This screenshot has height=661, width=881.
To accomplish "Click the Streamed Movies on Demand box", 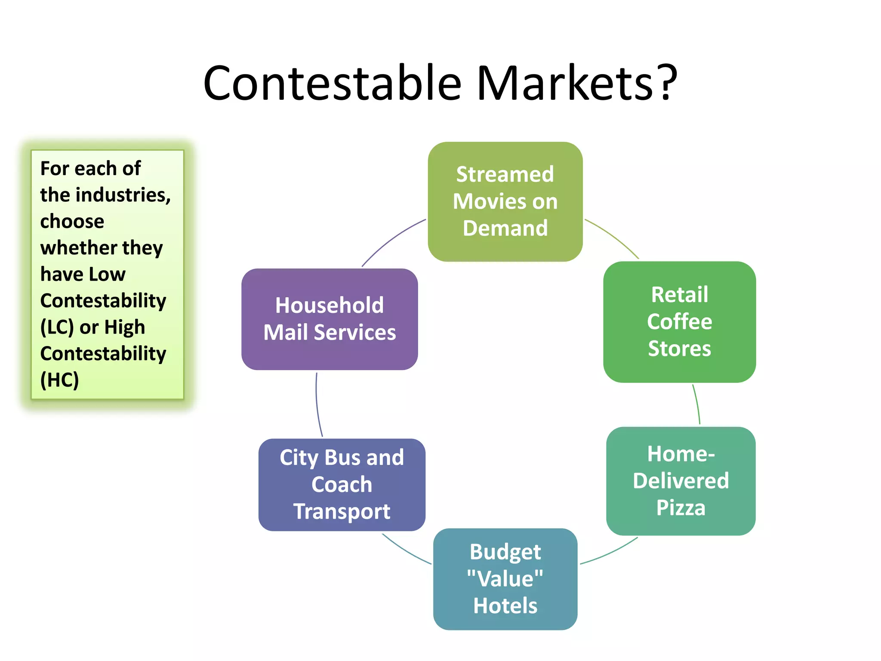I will click(505, 201).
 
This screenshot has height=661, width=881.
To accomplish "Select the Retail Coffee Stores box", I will click(679, 321).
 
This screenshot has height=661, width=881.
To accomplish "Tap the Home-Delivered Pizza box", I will click(681, 481).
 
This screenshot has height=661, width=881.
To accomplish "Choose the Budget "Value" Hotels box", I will click(505, 579).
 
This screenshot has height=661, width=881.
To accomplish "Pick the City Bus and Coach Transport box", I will click(342, 485).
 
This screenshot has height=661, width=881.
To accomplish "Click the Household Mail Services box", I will click(330, 319).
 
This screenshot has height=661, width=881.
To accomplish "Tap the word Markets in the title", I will click(565, 83).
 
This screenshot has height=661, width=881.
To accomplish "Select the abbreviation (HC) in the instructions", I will click(59, 380).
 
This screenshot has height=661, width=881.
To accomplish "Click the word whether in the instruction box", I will click(78, 248).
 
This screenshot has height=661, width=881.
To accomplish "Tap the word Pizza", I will click(681, 508).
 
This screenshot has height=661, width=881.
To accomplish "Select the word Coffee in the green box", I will click(679, 321).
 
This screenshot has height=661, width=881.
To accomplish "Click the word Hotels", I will click(505, 606).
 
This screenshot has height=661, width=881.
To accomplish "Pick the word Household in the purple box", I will click(330, 306).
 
